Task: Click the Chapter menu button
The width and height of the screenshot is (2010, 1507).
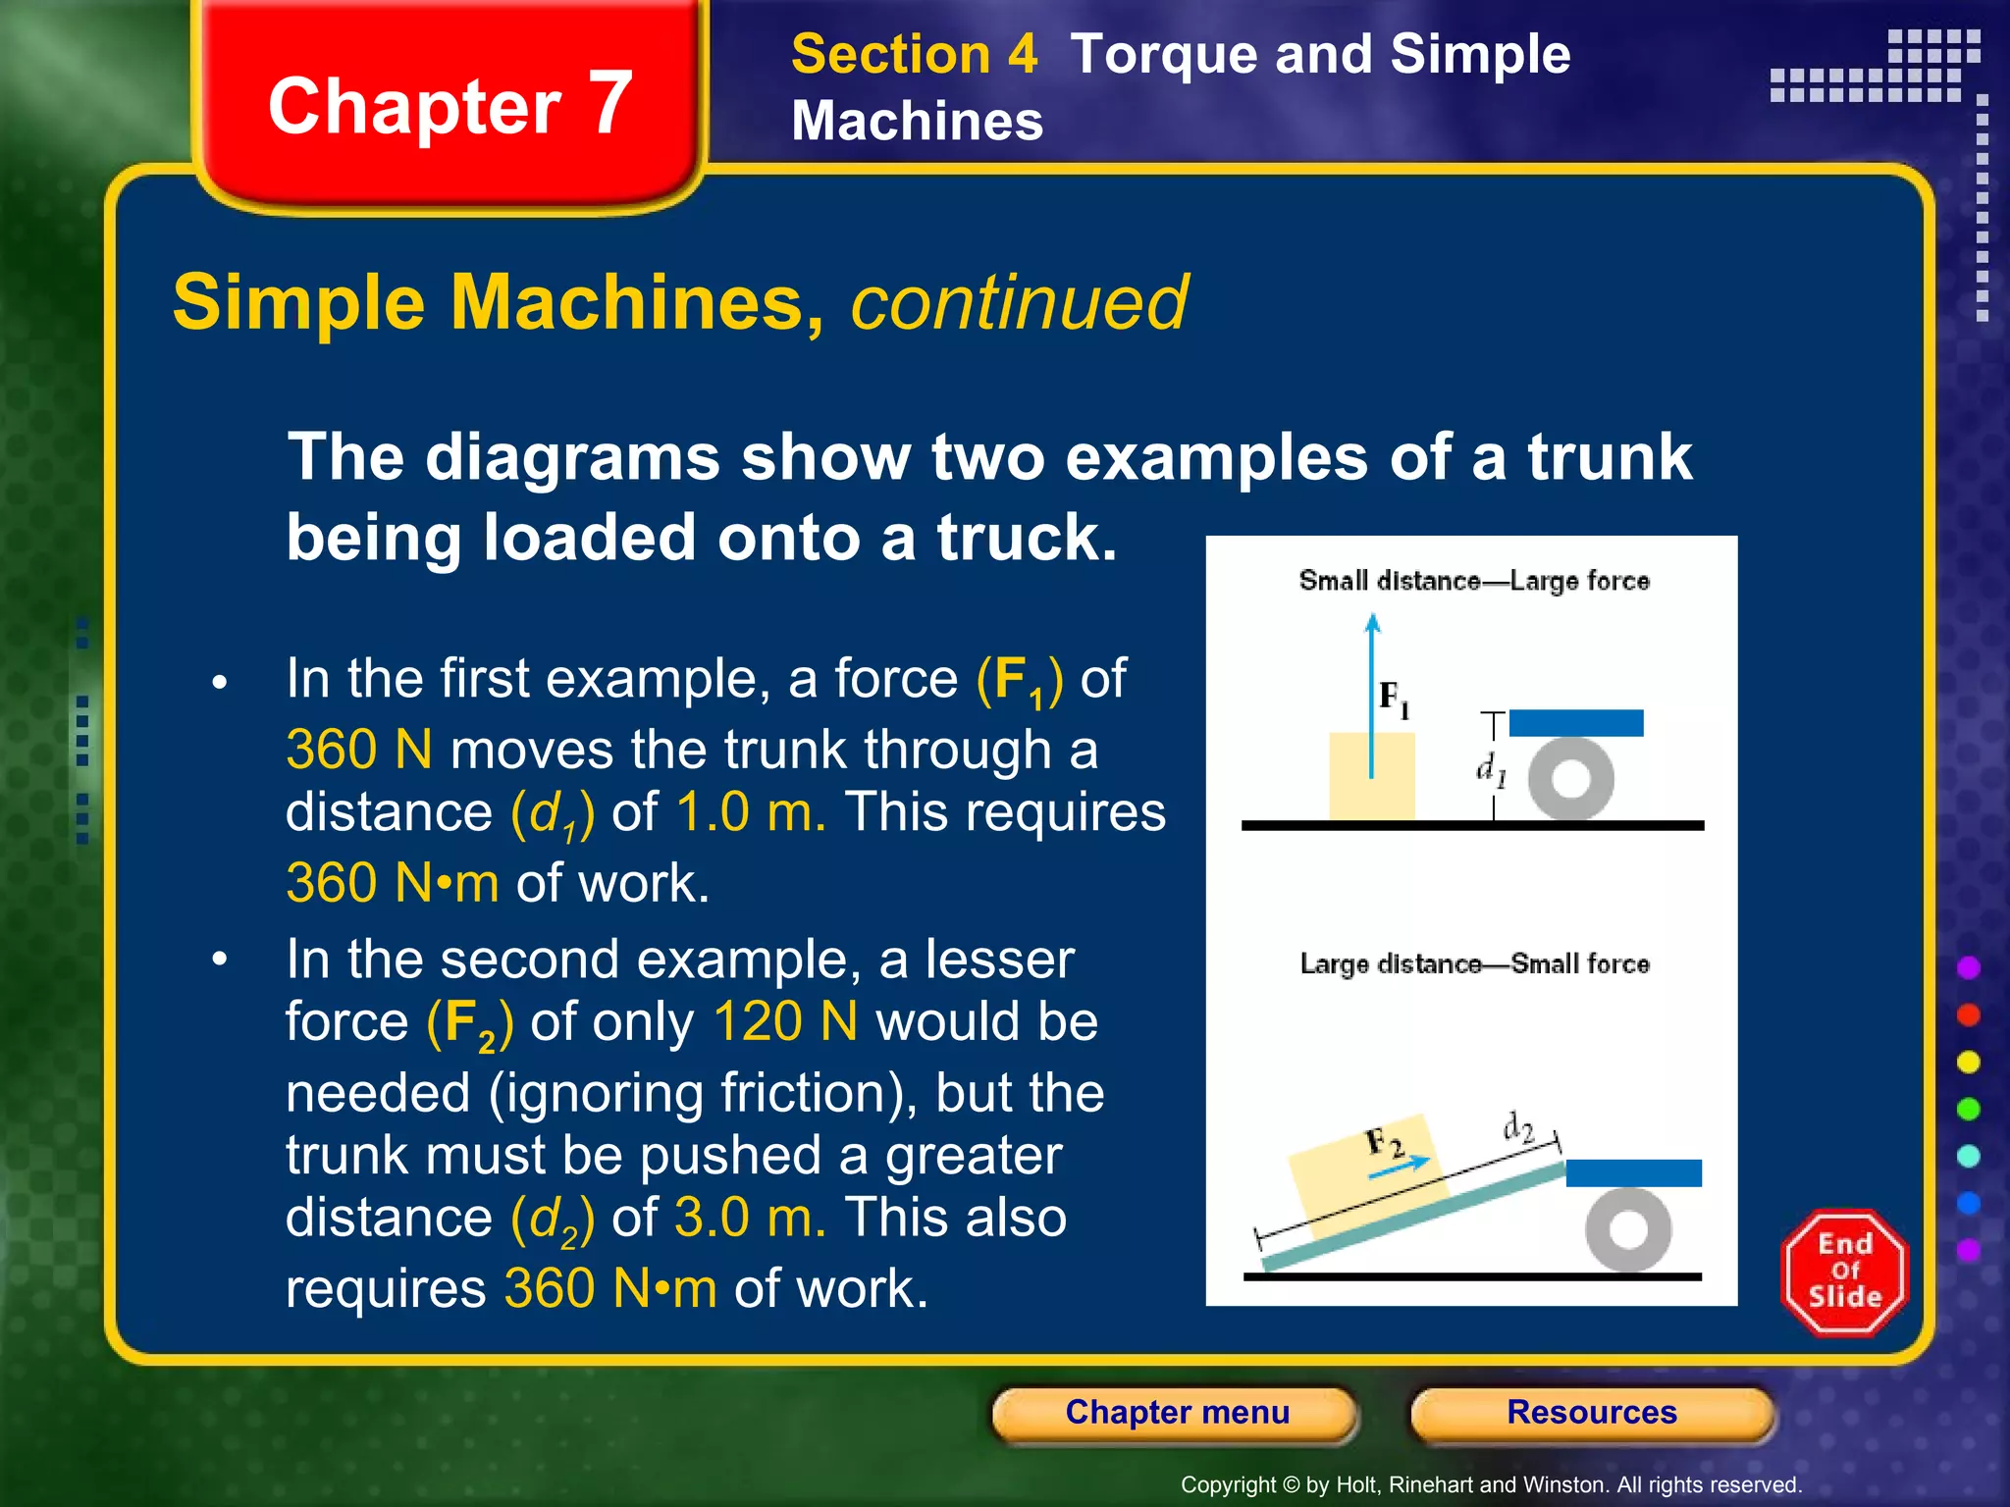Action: tap(1176, 1413)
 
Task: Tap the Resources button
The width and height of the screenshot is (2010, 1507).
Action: tap(1591, 1413)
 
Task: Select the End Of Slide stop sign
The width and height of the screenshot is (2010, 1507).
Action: tap(1844, 1273)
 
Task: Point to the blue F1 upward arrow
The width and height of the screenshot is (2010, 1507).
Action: tap(1372, 687)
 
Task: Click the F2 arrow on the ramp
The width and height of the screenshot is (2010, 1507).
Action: tap(1400, 1165)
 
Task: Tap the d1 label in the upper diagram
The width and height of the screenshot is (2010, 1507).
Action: tap(1490, 769)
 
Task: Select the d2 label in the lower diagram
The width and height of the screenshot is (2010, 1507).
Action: tap(1518, 1128)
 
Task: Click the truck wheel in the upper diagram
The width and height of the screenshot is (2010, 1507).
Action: tap(1571, 778)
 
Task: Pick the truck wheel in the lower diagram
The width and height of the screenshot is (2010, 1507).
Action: tap(1628, 1228)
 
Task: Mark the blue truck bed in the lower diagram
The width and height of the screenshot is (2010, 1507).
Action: tap(1633, 1172)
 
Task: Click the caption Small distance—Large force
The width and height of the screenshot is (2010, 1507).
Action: tap(1474, 581)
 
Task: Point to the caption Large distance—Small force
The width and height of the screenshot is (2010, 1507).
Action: tap(1474, 963)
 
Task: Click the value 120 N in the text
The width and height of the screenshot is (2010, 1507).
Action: tap(785, 1021)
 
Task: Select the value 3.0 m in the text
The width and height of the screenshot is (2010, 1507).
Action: tap(750, 1218)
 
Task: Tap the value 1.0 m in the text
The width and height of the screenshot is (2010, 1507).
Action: tap(751, 812)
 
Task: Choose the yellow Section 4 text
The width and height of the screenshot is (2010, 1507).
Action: tap(914, 54)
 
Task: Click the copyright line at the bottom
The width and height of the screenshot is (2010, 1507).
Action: tap(1491, 1484)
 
